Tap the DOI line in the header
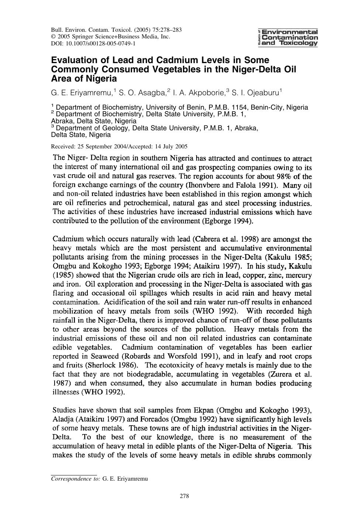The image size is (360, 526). click(93, 43)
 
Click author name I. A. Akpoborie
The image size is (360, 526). click(200, 92)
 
